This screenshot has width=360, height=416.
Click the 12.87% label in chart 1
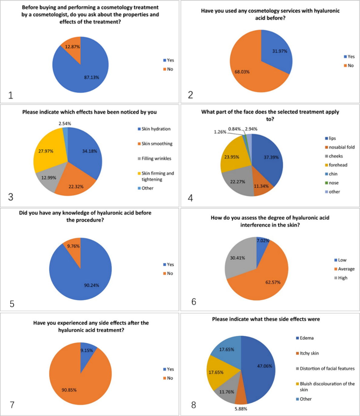[72, 47]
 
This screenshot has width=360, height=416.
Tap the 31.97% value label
[280, 51]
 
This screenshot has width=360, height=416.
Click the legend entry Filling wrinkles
[156, 159]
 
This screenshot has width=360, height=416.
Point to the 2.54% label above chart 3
[65, 124]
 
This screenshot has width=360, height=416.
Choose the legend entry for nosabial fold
[341, 147]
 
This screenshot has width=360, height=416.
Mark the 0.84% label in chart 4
[234, 129]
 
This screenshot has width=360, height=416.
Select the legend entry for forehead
[338, 165]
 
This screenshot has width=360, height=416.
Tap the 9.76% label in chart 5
[73, 246]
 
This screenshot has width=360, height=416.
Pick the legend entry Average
[346, 269]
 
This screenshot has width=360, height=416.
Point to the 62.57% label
[273, 282]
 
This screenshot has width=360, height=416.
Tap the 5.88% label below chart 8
[241, 409]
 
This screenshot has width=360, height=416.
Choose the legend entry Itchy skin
[309, 353]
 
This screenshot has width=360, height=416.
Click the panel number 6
[194, 302]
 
